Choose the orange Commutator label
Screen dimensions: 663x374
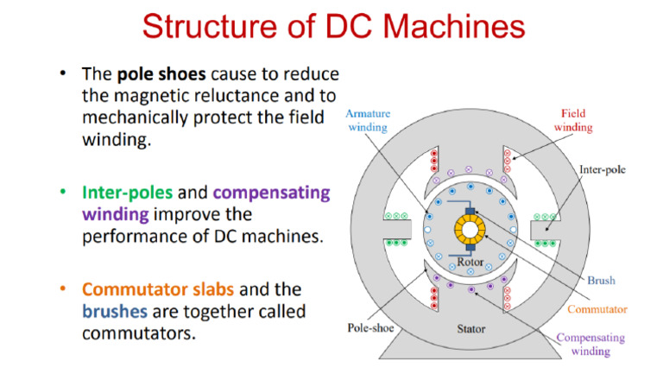click(x=597, y=308)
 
